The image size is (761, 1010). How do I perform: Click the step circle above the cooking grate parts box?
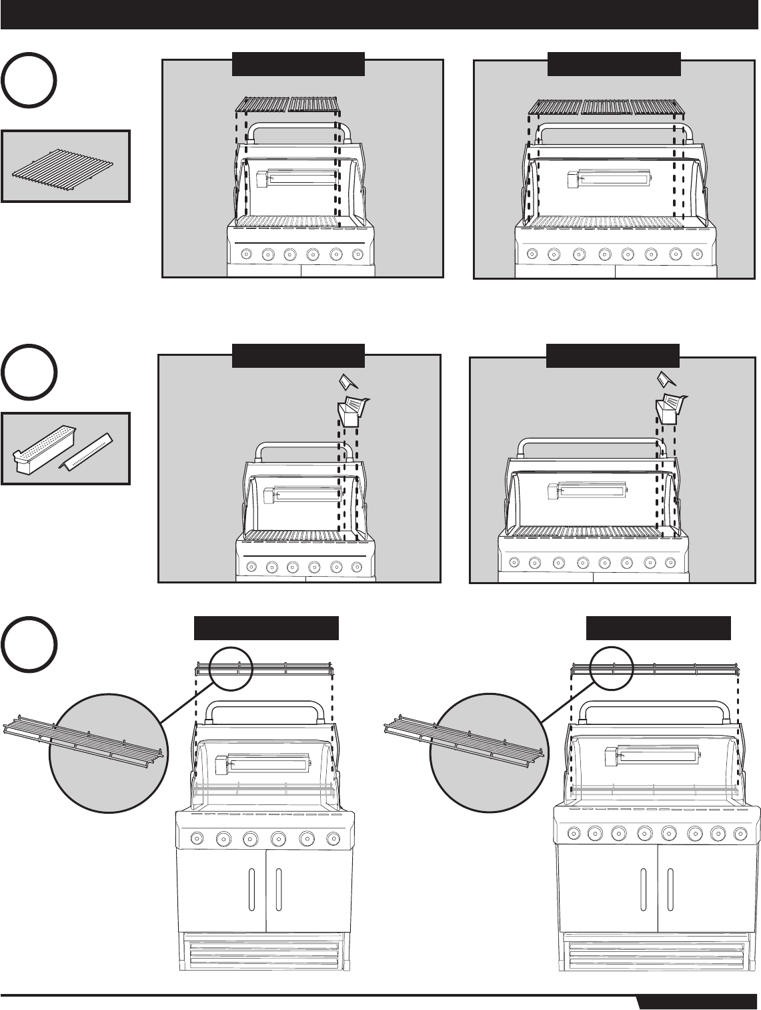tap(28, 82)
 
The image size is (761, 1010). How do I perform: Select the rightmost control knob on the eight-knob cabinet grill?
tap(740, 832)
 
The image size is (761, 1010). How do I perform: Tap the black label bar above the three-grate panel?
tap(614, 63)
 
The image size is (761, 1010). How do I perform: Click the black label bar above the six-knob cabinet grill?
tap(266, 629)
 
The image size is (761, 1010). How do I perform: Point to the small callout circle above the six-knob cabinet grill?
tap(231, 668)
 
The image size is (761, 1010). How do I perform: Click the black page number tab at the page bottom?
tap(698, 1003)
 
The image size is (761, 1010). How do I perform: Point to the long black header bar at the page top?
tap(380, 15)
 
